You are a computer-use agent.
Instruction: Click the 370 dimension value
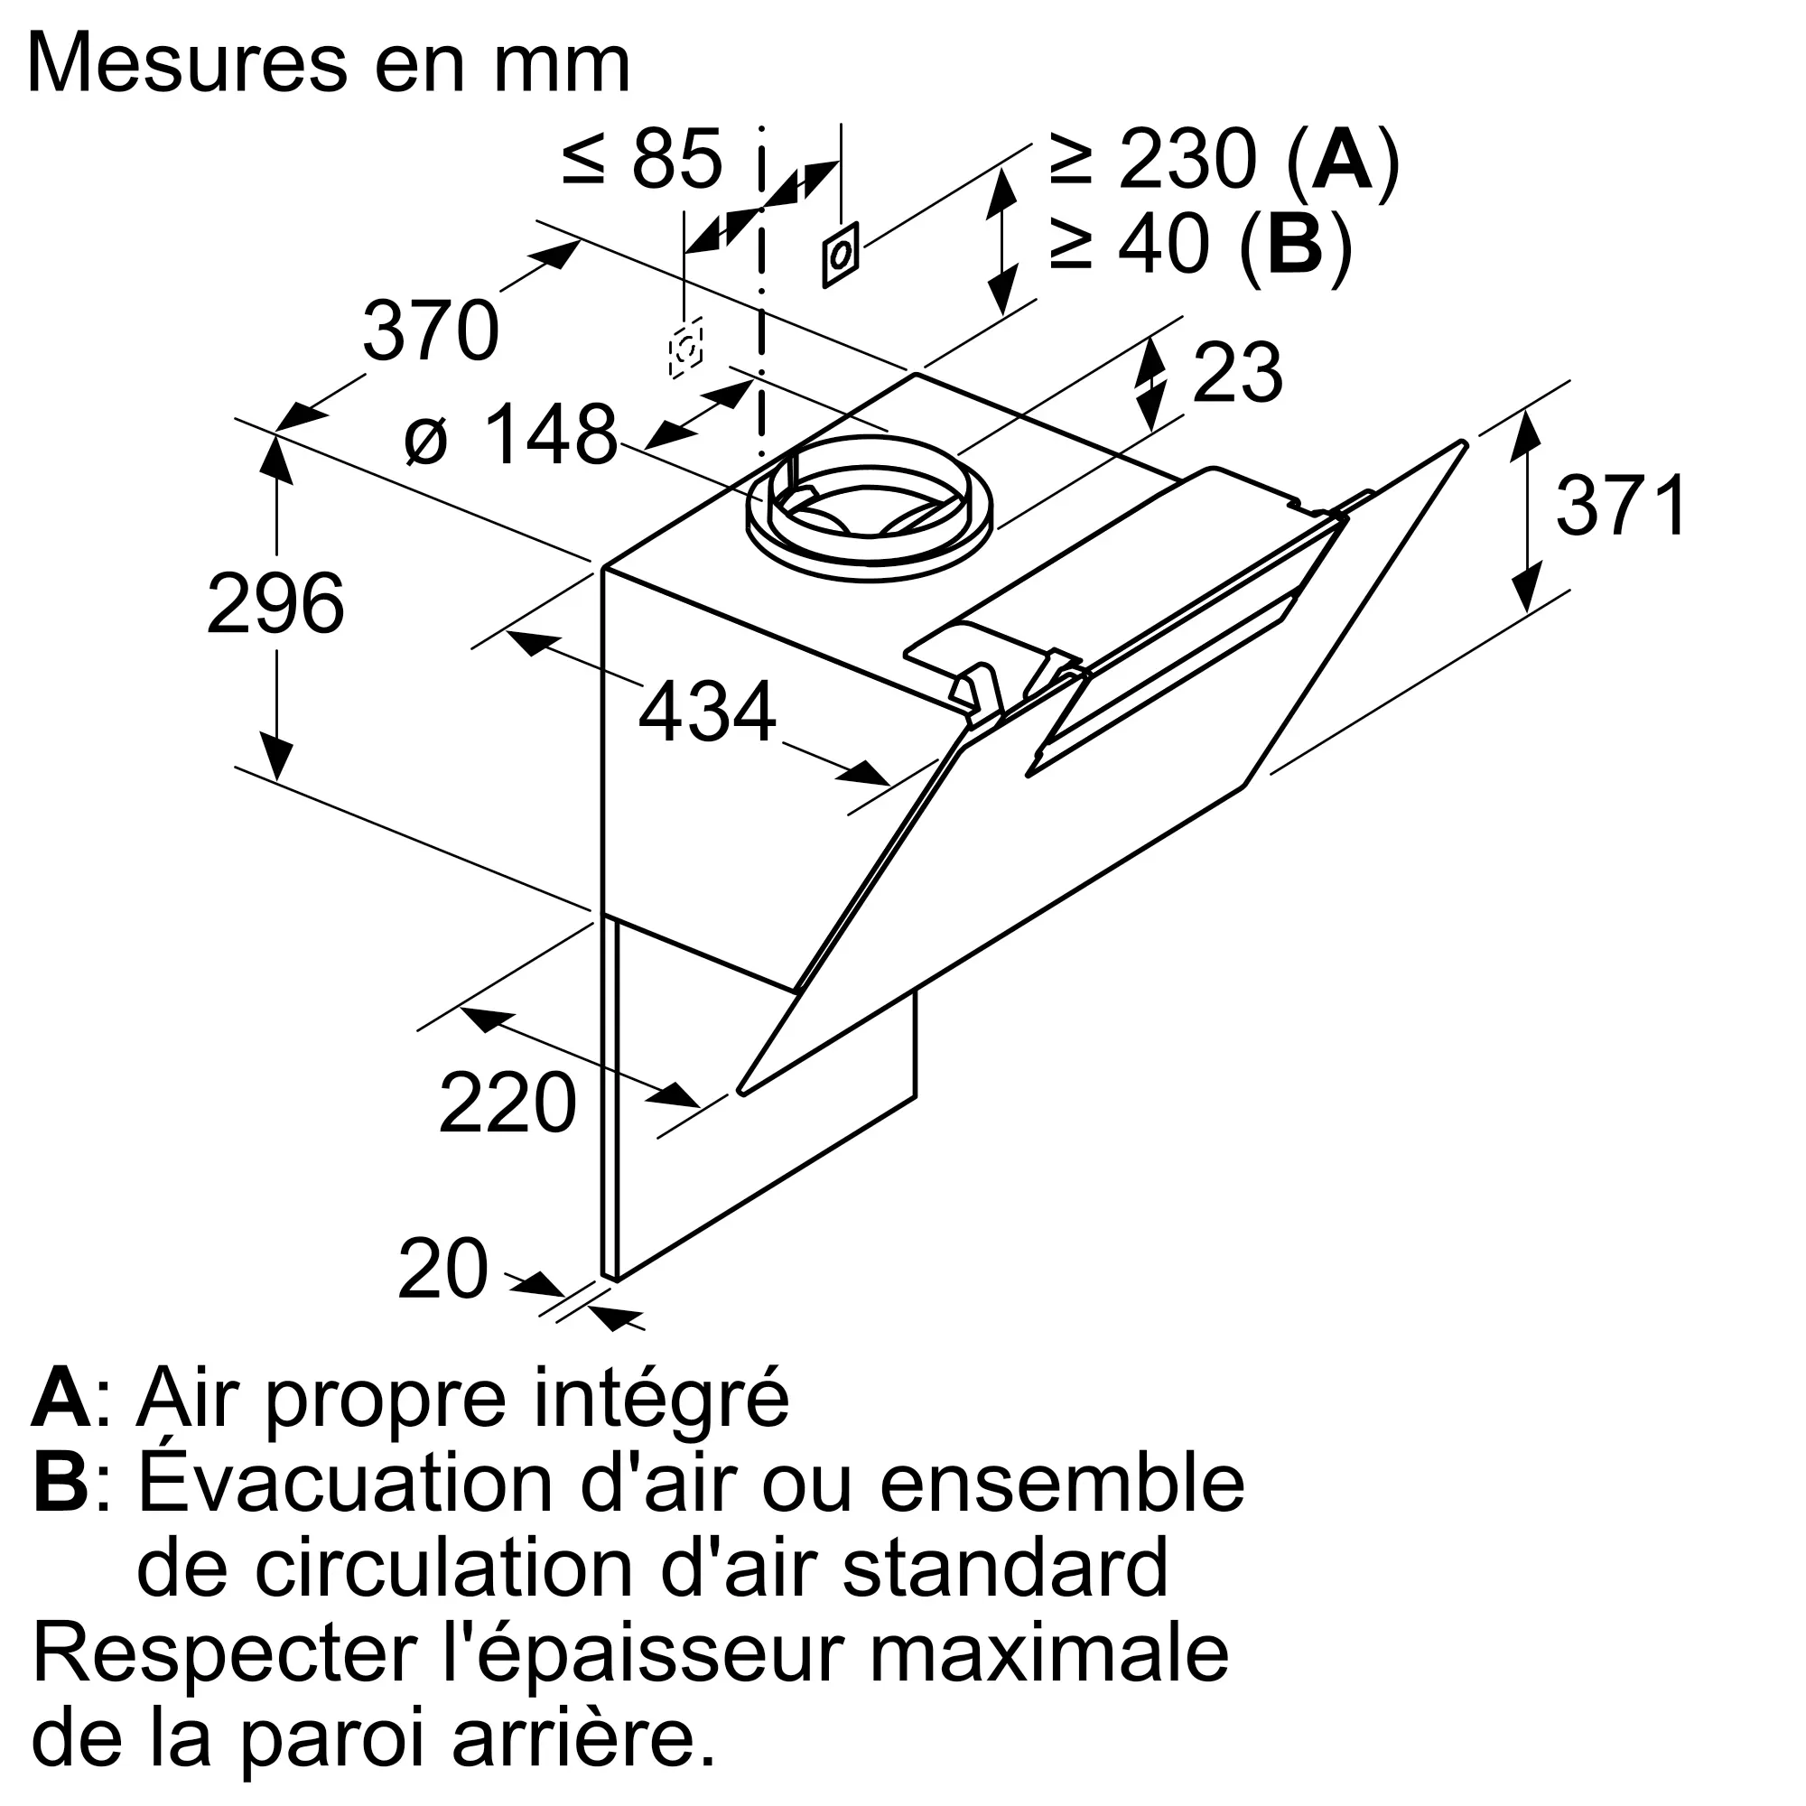431,330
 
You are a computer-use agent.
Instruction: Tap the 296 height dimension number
275,604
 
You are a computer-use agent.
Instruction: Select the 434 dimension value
707,712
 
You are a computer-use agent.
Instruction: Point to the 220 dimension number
507,1104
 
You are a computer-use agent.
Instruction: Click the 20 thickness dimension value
443,1270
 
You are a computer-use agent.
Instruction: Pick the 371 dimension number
1622,506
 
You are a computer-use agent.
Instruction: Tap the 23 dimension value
1237,374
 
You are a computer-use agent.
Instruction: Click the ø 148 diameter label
511,434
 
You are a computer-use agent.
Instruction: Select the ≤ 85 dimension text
643,158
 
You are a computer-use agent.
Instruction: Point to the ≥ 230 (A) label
1224,160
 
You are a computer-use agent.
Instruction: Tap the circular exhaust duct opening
870,509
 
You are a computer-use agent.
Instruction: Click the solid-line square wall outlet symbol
841,255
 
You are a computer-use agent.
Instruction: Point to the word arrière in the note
584,1737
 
